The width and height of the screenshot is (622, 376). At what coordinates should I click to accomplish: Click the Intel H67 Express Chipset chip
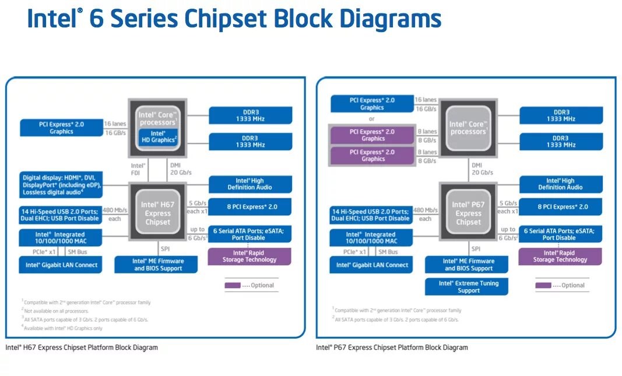pos(157,213)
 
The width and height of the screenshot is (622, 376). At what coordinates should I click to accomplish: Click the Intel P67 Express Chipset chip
pos(468,213)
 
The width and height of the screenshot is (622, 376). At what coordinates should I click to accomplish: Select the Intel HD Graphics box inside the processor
pos(158,137)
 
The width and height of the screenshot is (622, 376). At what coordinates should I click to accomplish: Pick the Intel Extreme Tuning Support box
pos(469,286)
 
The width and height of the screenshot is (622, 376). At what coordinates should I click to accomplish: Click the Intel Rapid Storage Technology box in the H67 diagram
pos(249,256)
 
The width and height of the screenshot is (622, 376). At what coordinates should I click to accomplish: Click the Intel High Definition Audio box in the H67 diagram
pos(249,184)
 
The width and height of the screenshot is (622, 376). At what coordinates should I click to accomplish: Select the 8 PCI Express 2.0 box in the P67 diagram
pos(560,207)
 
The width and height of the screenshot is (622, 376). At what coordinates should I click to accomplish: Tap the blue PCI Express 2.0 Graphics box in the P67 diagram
pos(372,104)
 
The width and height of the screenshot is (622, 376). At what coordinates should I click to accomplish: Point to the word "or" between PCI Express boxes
pos(372,119)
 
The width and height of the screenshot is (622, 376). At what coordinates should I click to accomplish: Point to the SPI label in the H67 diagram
pos(165,249)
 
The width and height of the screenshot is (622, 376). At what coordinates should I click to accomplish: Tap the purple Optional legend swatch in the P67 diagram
pos(543,285)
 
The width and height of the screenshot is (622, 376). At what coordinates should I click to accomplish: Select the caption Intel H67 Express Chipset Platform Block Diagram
pos(82,347)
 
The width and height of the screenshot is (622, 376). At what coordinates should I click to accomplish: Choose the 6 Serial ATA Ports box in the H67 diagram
pos(249,234)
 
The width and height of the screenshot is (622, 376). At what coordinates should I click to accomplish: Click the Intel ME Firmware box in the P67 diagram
pos(468,265)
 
